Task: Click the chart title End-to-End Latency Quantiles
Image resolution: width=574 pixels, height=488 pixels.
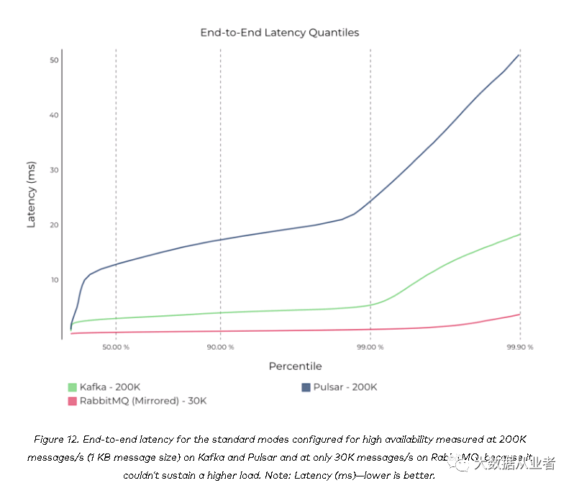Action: pyautogui.click(x=279, y=32)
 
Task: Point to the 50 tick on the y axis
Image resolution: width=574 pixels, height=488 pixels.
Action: pyautogui.click(x=54, y=60)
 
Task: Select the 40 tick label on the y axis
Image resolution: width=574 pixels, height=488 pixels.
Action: pyautogui.click(x=54, y=115)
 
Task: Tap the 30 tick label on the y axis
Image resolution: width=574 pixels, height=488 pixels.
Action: pyautogui.click(x=54, y=170)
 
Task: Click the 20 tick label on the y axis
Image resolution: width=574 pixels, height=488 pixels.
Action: pyautogui.click(x=54, y=225)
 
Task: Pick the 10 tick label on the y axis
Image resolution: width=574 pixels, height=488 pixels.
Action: pyautogui.click(x=54, y=279)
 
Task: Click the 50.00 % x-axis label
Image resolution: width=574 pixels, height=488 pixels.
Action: pyautogui.click(x=116, y=347)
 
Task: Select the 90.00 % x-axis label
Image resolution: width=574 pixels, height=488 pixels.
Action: pyautogui.click(x=220, y=347)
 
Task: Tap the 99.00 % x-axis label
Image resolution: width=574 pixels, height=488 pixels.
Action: pyautogui.click(x=370, y=347)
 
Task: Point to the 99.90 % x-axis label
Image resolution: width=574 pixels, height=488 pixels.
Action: pyautogui.click(x=519, y=347)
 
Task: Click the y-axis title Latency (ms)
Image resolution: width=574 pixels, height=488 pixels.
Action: pyautogui.click(x=31, y=194)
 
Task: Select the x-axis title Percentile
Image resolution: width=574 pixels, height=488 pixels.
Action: pyautogui.click(x=295, y=366)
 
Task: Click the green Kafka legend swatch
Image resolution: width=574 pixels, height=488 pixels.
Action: pyautogui.click(x=72, y=387)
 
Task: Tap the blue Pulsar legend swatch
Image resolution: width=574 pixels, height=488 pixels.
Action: pyautogui.click(x=306, y=387)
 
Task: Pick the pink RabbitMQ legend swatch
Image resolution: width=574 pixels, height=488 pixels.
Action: pyautogui.click(x=72, y=401)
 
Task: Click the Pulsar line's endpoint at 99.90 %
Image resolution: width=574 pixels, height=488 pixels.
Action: pyautogui.click(x=519, y=55)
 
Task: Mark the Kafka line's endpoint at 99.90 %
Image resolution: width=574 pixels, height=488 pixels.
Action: pyautogui.click(x=519, y=234)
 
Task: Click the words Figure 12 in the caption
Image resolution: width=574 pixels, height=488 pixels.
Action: pyautogui.click(x=58, y=439)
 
